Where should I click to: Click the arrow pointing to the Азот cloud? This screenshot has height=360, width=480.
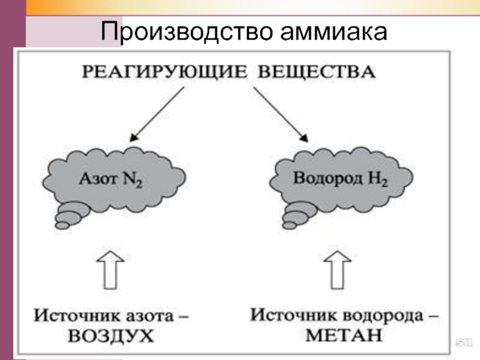pyautogui.click(x=155, y=114)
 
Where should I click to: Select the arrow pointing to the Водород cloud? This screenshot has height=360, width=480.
pyautogui.click(x=280, y=114)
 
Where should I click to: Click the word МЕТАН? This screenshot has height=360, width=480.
pyautogui.click(x=343, y=335)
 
